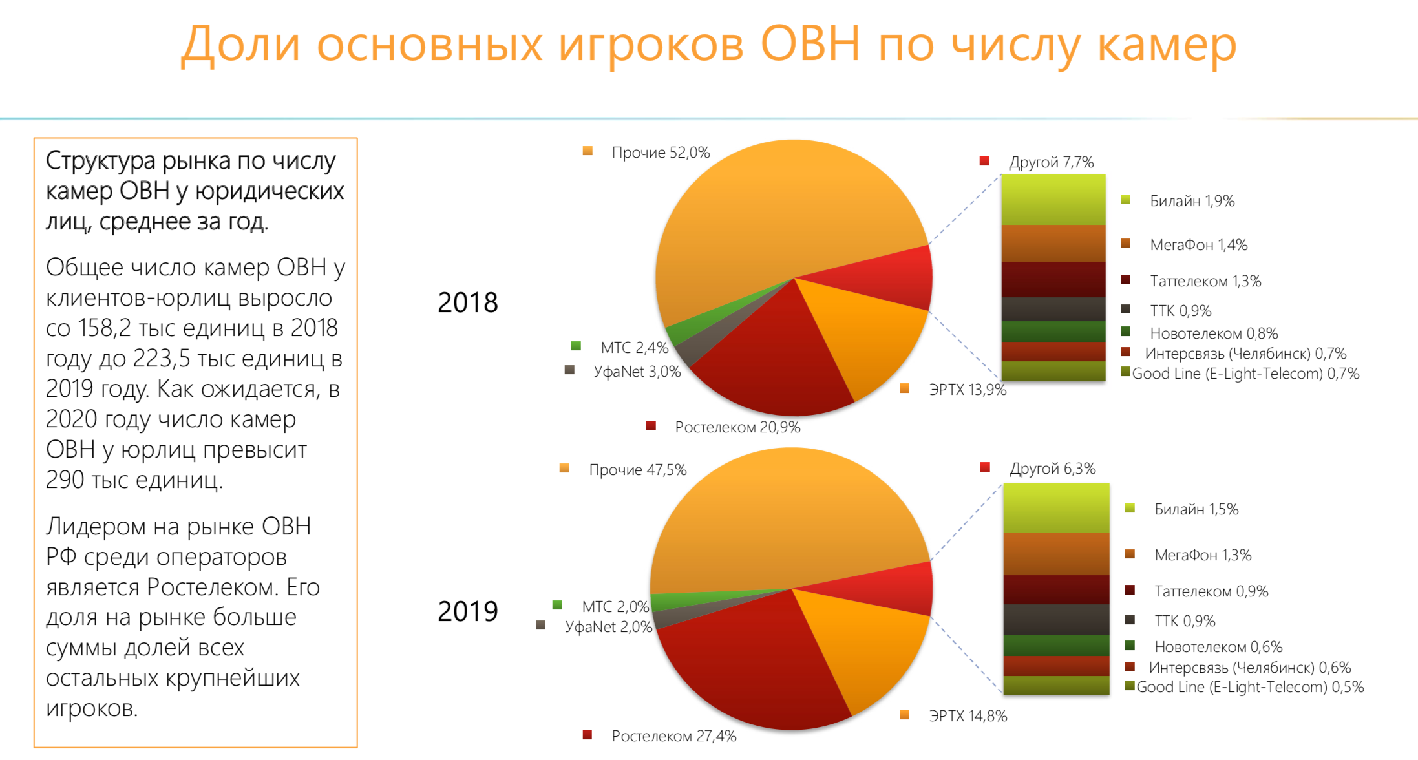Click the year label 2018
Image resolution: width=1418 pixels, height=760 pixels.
click(x=468, y=302)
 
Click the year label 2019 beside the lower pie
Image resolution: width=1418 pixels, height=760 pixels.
click(x=468, y=611)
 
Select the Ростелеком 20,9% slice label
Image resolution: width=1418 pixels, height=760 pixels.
click(x=737, y=427)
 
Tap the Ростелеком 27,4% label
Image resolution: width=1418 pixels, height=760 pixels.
click(x=674, y=736)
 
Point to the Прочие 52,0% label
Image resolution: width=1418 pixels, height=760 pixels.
click(x=661, y=153)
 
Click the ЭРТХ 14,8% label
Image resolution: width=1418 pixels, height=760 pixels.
click(x=968, y=716)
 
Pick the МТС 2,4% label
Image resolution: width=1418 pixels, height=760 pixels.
click(x=635, y=348)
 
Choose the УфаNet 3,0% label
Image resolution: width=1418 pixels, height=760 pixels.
click(x=637, y=372)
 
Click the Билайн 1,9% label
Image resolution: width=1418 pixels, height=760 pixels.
click(x=1192, y=201)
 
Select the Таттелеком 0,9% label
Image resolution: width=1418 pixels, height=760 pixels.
click(x=1211, y=591)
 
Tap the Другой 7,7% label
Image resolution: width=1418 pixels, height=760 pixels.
click(x=1052, y=162)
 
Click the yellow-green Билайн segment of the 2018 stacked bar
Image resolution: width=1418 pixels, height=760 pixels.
click(x=1053, y=200)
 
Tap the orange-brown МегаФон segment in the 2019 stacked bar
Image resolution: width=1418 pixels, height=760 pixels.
click(x=1056, y=554)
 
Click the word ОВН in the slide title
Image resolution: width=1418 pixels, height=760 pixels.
click(x=810, y=44)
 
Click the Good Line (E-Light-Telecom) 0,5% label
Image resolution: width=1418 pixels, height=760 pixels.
click(x=1250, y=687)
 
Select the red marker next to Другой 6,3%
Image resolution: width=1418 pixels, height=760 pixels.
click(x=985, y=467)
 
